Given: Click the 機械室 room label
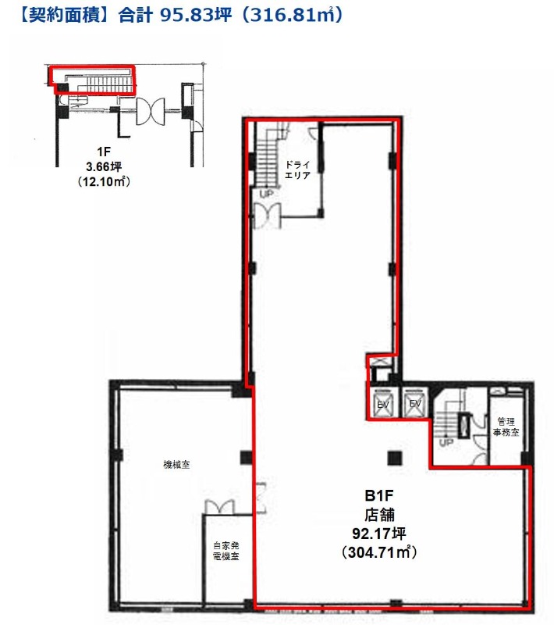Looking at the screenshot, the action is pos(176,464).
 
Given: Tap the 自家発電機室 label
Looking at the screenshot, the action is pos(226,551).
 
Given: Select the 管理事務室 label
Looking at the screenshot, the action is pos(506,427).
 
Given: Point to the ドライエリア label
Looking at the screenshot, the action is pos(297,170).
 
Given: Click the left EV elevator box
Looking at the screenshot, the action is pos(383,402).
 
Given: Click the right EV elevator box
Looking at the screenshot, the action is pos(415,402).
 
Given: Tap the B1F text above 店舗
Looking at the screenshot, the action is pos(379,495).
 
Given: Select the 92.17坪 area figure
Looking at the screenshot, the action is pos(379,534).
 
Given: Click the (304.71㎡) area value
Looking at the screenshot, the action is pos(379,552).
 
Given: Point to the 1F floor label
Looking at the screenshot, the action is pos(104,152).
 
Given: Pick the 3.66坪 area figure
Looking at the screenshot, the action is pos(104,166).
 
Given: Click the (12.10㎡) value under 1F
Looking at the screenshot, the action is pos(104,181).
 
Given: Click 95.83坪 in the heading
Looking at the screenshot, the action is pos(196,15).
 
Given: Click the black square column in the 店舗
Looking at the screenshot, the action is pos(394,458).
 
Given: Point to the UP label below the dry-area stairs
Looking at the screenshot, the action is pos(266,194).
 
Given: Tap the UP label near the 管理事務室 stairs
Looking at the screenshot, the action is pos(446,442).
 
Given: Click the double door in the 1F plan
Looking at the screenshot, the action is pos(150,112).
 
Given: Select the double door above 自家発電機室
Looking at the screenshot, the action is pos(219,507).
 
